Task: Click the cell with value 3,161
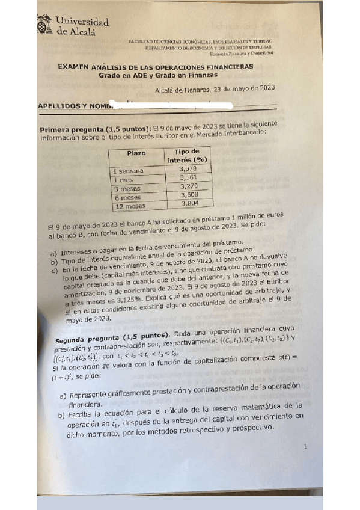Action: [x=191, y=179]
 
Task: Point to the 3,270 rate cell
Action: [x=192, y=187]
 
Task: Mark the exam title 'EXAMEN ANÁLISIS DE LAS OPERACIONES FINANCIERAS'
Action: [x=155, y=67]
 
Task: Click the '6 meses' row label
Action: [x=127, y=197]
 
